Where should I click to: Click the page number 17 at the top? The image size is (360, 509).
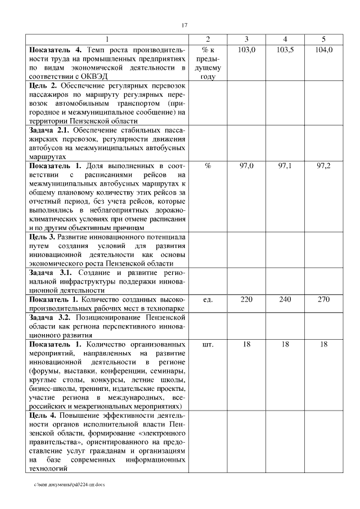184,25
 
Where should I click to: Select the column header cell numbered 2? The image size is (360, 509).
208,39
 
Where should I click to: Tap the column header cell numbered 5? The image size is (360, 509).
323,39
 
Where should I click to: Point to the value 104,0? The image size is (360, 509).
323,50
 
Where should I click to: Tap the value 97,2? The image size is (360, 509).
323,166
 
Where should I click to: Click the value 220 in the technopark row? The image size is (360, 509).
247,299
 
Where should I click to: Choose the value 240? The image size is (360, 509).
285,299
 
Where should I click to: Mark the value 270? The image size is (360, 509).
323,299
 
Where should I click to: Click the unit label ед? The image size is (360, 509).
208,299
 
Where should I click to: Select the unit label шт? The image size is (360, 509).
208,344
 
